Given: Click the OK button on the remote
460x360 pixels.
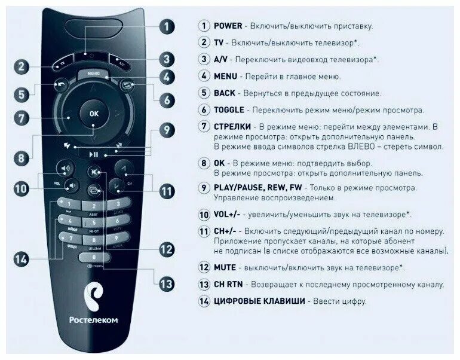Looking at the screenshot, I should click(x=93, y=113).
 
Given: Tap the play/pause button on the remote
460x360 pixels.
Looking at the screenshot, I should click(x=94, y=154).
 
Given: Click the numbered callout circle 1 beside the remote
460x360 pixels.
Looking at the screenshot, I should click(x=167, y=26).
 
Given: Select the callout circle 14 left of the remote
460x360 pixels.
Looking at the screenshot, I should click(x=22, y=259).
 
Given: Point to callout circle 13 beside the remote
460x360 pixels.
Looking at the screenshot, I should click(x=167, y=283).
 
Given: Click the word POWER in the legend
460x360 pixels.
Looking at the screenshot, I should click(x=228, y=26).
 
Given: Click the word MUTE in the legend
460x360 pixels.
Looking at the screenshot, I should click(x=225, y=267).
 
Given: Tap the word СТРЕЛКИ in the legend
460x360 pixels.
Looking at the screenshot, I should click(x=234, y=127).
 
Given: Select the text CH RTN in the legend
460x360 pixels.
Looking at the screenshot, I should click(x=228, y=285).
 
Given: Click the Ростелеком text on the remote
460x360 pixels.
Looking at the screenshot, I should click(x=93, y=320).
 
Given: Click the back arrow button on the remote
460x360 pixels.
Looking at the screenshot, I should click(x=61, y=84).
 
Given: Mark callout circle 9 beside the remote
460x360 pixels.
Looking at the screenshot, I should click(x=167, y=130).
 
